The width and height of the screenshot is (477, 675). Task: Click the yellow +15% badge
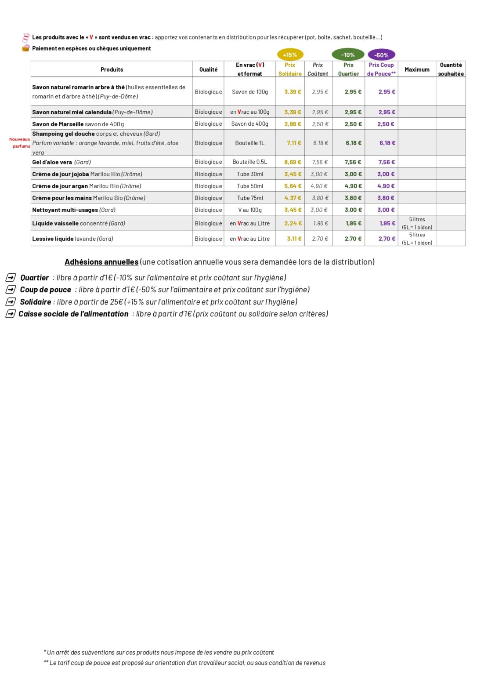point(290,55)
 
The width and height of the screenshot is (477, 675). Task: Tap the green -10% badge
point(348,55)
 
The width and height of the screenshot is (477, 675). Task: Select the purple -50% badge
point(381,55)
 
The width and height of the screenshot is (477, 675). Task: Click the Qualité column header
point(208,69)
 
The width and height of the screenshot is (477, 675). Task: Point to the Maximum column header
point(417,69)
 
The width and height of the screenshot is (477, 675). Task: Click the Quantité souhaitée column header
point(451,69)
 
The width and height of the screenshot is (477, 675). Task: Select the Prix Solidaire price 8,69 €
point(293,162)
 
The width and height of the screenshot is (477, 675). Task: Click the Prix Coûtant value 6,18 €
point(320,143)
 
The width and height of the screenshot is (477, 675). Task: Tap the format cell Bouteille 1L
point(249,143)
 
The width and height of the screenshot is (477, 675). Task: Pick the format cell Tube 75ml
point(250,198)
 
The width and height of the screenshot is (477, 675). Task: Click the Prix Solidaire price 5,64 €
point(293,186)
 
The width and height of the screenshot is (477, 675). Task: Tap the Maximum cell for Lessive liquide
point(417,239)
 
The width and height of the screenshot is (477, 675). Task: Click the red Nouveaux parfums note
point(20,142)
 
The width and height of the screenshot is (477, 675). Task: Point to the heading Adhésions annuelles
point(101,262)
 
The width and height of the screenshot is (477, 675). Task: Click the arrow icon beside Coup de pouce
point(11,290)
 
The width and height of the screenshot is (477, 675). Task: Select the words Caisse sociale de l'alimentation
point(73,314)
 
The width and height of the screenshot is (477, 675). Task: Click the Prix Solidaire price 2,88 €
point(293,124)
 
